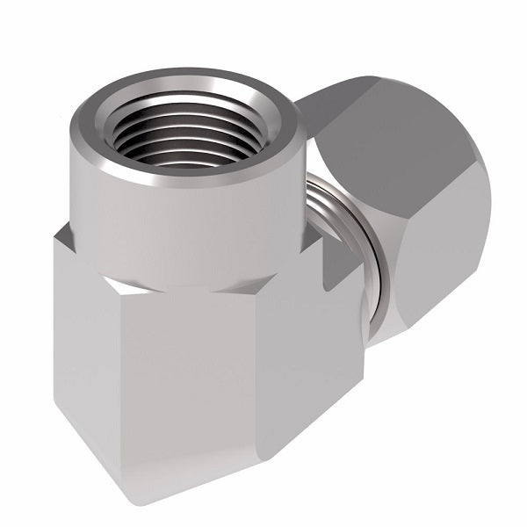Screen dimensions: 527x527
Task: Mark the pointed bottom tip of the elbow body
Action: click(x=132, y=501)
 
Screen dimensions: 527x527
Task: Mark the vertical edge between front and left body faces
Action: click(x=123, y=369)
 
